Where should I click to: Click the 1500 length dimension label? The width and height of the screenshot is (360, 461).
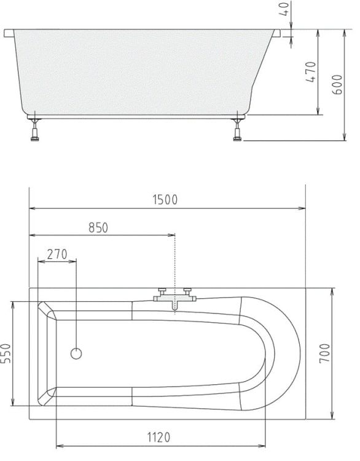165,200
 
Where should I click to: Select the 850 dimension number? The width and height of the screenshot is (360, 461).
98,228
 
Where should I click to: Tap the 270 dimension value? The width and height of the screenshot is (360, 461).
57,254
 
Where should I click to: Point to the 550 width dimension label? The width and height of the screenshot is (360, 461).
6,353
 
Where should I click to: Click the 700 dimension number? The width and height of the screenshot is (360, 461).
325,353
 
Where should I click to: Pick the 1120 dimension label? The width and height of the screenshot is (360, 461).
158,437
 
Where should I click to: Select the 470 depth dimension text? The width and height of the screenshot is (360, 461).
311,72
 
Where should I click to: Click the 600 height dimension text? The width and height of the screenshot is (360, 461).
337,85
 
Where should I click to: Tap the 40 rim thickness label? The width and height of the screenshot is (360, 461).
285,9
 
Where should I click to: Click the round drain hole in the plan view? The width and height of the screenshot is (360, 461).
76,353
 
